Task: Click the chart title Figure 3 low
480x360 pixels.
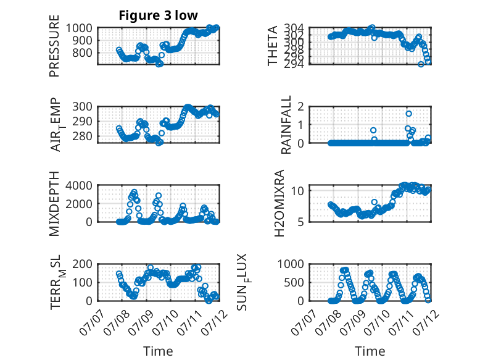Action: (x=159, y=15)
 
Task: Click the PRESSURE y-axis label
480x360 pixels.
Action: (x=54, y=46)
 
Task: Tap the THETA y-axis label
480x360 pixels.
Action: (x=272, y=46)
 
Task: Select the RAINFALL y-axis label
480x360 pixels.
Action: (x=286, y=125)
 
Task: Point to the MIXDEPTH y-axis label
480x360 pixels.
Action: (x=54, y=204)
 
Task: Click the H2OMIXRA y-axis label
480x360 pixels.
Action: (x=279, y=203)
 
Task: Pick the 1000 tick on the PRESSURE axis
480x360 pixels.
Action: (x=79, y=28)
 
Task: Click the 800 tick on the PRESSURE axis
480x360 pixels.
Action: (x=82, y=52)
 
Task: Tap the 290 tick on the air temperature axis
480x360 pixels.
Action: (x=82, y=121)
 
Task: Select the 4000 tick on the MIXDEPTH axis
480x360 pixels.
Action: (x=79, y=185)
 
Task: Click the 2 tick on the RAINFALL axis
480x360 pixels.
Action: (x=300, y=107)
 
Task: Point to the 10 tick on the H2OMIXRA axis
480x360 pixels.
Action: (x=297, y=191)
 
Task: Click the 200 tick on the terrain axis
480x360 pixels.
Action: (x=82, y=264)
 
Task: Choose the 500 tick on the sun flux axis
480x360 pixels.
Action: (x=294, y=282)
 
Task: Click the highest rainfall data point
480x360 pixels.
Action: (x=408, y=114)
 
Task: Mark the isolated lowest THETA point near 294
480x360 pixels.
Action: (x=421, y=64)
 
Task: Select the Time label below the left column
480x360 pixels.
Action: (x=159, y=351)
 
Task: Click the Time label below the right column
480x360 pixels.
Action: (x=370, y=351)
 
